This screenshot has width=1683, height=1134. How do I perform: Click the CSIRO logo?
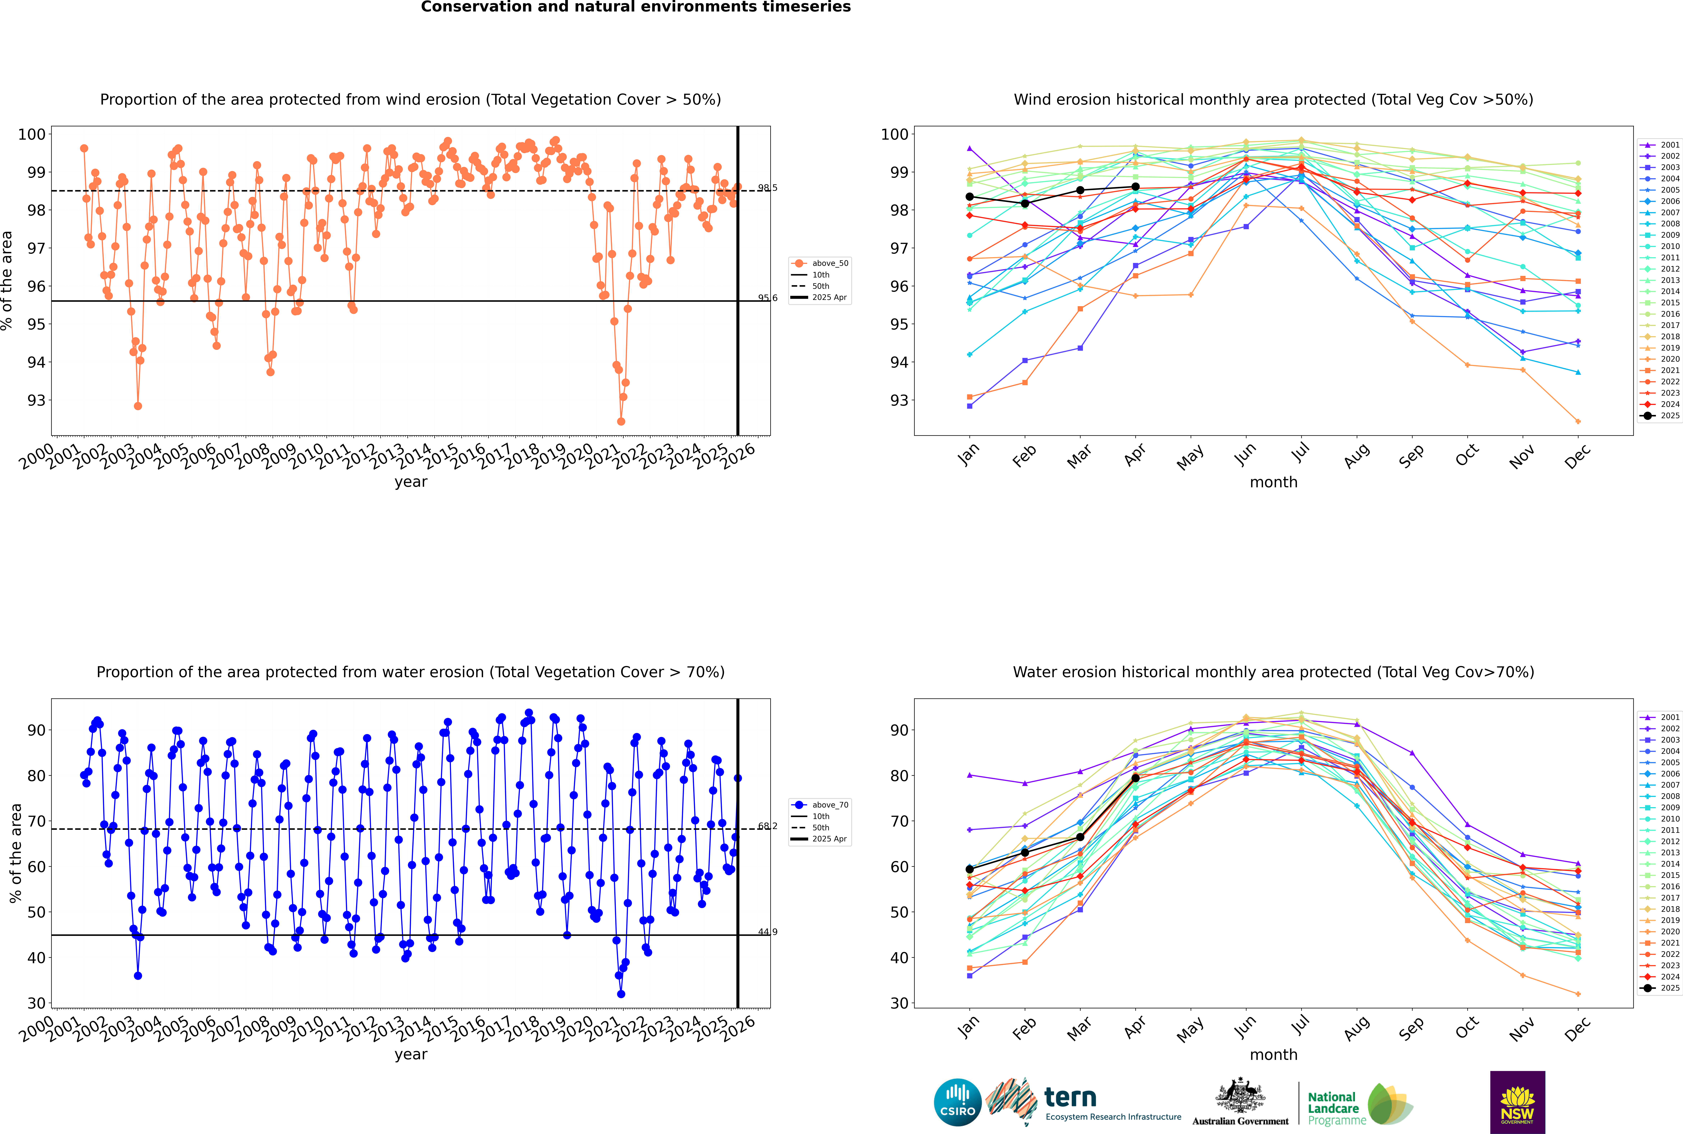[957, 1102]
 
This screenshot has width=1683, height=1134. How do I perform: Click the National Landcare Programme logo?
[1359, 1104]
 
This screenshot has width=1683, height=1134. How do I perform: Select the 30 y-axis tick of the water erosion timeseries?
[36, 1003]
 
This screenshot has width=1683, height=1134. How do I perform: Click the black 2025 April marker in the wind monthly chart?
[1135, 187]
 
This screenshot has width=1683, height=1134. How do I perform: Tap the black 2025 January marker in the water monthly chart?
[970, 869]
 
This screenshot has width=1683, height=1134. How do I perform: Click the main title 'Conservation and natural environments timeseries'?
[635, 7]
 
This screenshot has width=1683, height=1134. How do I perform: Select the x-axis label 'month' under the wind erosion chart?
[1273, 482]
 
